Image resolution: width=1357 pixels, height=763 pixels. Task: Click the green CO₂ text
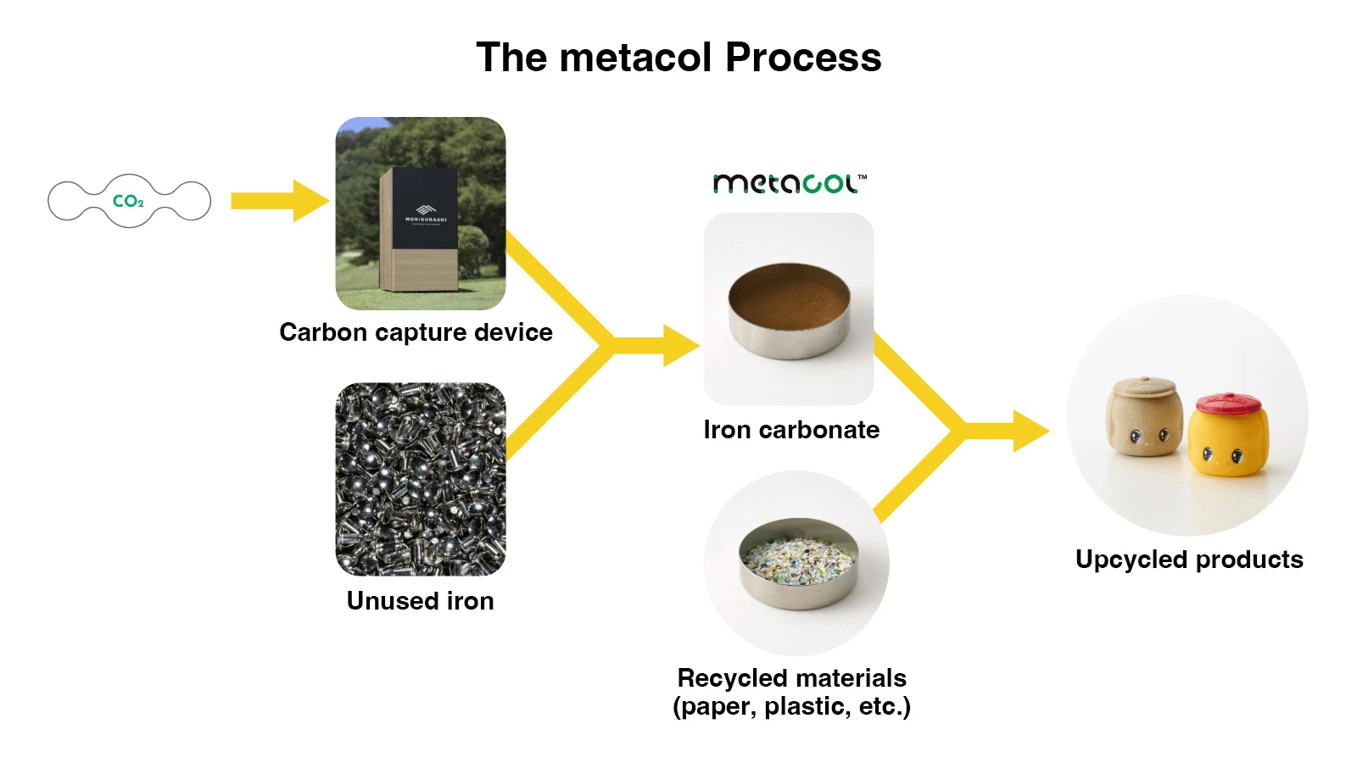(128, 201)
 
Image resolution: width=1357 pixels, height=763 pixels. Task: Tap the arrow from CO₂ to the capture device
(280, 200)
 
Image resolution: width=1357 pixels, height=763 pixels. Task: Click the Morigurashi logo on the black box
(426, 213)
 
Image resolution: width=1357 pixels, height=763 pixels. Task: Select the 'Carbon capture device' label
(416, 331)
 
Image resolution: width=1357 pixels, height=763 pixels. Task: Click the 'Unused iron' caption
(420, 601)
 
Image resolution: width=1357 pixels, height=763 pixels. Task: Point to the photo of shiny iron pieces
(421, 479)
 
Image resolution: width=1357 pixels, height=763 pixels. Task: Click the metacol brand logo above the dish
(790, 183)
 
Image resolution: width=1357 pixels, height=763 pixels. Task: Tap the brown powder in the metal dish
(788, 297)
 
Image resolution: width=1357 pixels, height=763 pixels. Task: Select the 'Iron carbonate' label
(791, 429)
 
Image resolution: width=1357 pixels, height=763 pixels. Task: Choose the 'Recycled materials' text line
(792, 677)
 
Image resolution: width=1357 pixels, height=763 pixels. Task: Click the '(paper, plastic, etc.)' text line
(792, 706)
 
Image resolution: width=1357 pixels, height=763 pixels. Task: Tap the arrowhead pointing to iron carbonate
(681, 346)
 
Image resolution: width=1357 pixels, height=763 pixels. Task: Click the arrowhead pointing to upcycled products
(1031, 432)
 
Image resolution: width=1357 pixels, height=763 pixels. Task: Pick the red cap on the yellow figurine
(1229, 404)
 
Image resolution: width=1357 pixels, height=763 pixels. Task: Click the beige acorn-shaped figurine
(1144, 415)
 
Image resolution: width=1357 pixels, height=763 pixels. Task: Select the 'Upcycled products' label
(1189, 559)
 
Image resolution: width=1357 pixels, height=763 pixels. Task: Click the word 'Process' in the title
(803, 57)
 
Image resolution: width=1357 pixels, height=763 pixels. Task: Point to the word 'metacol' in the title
(635, 57)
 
